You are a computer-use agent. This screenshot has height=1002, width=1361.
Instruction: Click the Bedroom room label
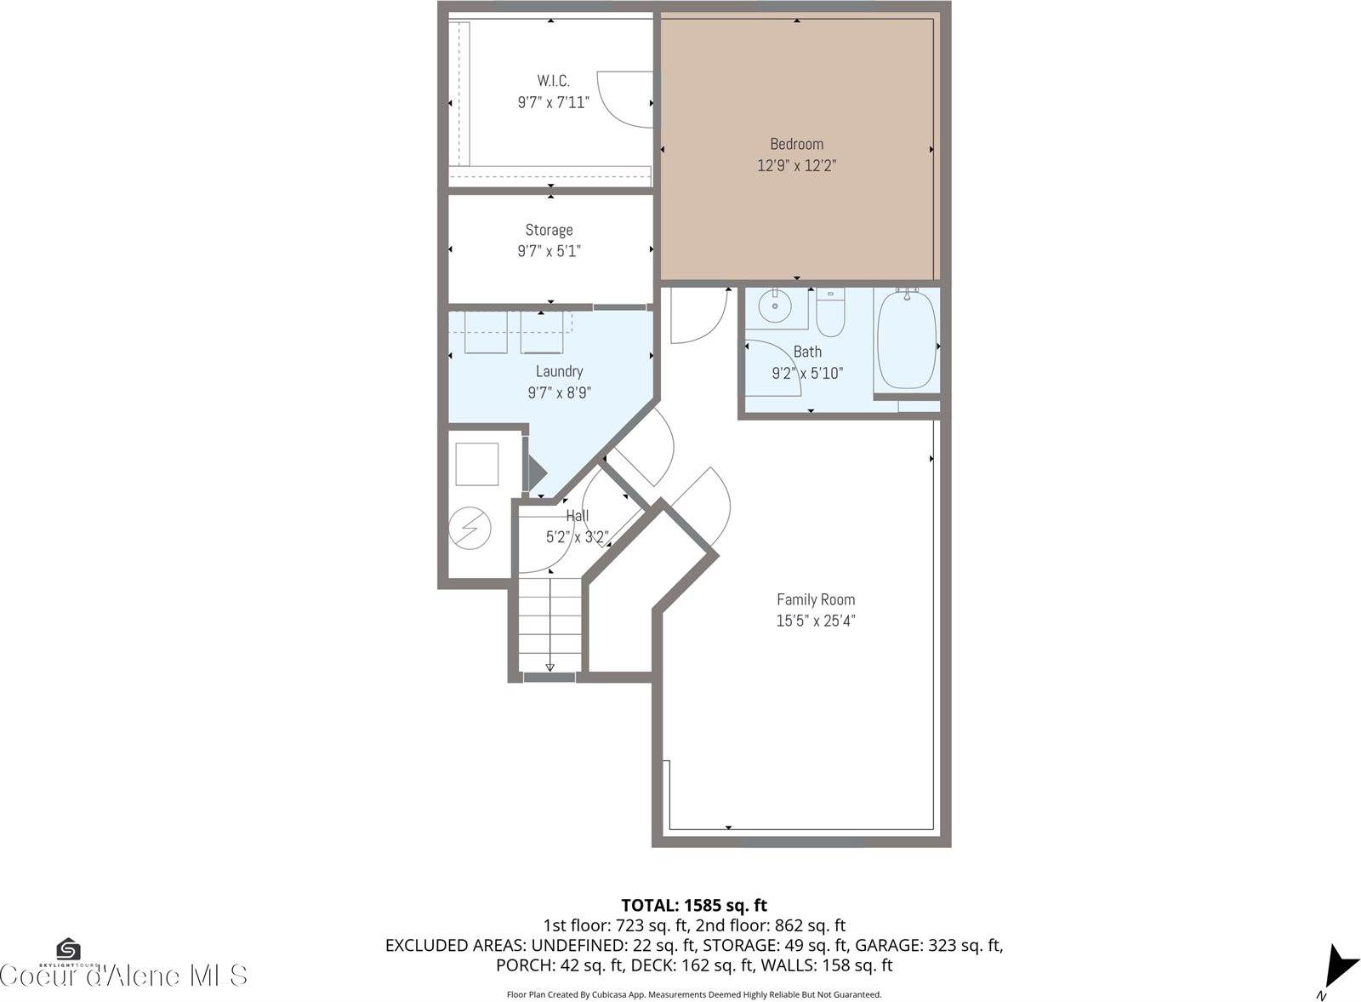(796, 144)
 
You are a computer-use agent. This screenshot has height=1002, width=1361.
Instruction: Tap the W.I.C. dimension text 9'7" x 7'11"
(553, 103)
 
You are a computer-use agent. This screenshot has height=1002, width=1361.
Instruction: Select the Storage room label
(549, 230)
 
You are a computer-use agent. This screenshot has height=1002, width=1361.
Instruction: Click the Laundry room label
(559, 371)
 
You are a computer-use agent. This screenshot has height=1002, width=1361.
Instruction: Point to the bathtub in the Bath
(907, 340)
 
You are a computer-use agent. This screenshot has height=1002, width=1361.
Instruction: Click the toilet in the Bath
(830, 312)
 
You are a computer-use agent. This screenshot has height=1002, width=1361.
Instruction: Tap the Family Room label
(816, 599)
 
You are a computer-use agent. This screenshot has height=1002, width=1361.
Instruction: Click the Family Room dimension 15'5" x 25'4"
(815, 621)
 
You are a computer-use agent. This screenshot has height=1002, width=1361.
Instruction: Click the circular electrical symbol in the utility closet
(470, 528)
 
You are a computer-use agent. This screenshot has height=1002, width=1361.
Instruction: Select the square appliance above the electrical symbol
(476, 464)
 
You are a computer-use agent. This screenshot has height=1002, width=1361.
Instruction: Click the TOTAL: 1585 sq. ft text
(694, 905)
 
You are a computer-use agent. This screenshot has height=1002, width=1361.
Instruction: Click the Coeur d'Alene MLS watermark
(124, 976)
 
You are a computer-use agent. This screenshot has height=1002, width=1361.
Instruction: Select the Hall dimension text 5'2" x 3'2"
(577, 537)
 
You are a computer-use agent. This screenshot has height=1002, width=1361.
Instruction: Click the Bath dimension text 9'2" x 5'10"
(807, 373)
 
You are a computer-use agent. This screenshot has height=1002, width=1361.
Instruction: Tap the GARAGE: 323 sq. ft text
(927, 945)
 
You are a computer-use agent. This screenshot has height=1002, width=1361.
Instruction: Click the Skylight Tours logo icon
(68, 948)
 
